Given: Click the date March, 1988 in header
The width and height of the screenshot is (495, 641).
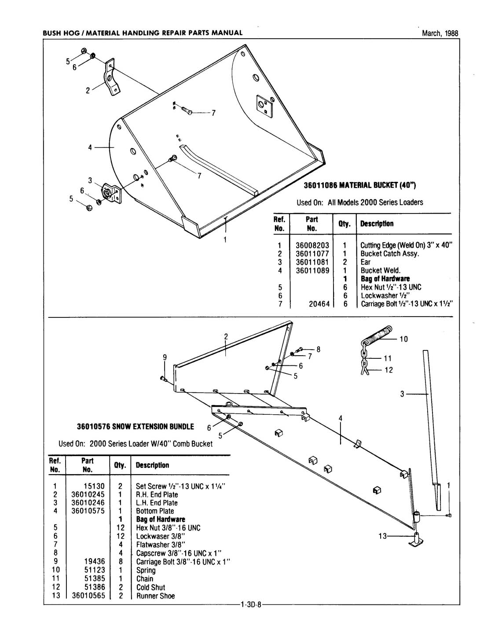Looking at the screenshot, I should pyautogui.click(x=440, y=33).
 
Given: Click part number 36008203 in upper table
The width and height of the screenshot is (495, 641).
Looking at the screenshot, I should pyautogui.click(x=312, y=245).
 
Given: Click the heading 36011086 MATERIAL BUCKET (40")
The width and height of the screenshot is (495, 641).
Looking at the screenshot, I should pyautogui.click(x=360, y=185).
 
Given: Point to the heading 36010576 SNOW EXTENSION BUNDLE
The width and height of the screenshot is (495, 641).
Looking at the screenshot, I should pyautogui.click(x=135, y=427).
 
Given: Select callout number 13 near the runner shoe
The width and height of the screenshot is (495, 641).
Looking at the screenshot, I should pyautogui.click(x=383, y=536).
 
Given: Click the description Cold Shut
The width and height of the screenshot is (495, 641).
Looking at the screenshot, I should pyautogui.click(x=150, y=587).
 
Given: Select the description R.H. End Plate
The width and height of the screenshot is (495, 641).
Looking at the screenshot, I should pyautogui.click(x=157, y=494).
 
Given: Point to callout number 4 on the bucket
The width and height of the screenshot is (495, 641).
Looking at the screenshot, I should pyautogui.click(x=90, y=147).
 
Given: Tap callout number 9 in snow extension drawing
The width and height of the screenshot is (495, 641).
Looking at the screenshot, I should pyautogui.click(x=165, y=357).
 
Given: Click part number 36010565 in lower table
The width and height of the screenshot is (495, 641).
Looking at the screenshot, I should pyautogui.click(x=88, y=596).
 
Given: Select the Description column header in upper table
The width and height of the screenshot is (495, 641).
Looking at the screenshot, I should pyautogui.click(x=377, y=224).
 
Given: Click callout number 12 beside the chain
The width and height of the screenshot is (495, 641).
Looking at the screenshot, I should pyautogui.click(x=389, y=370).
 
